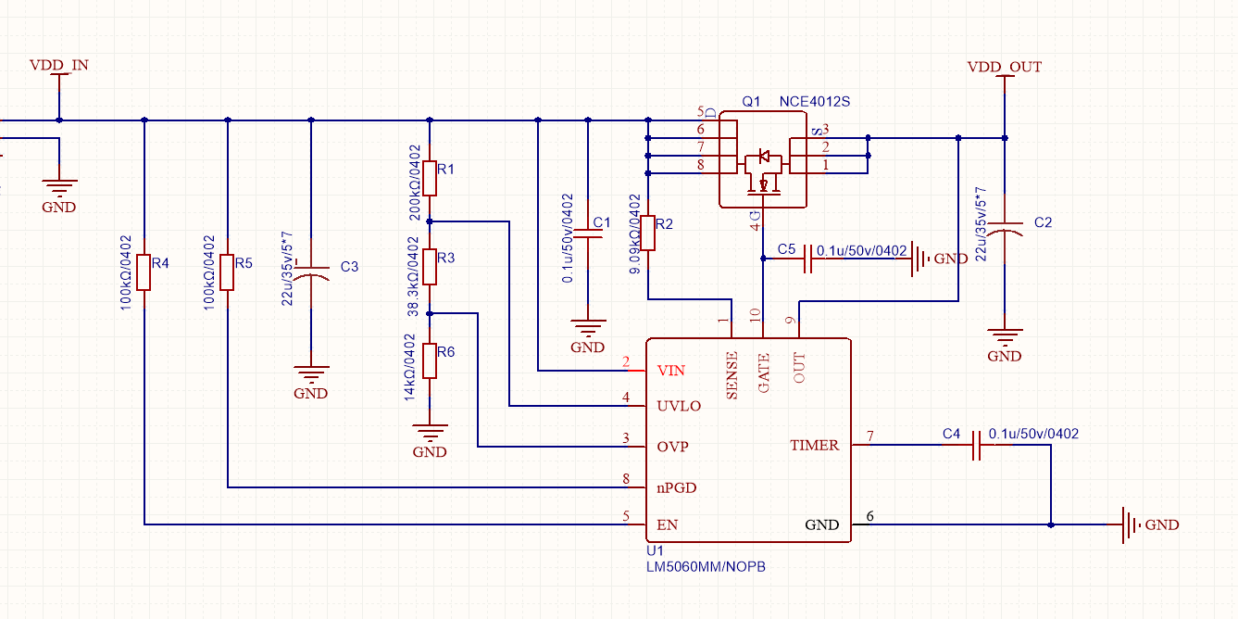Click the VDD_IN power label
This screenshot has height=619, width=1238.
click(x=59, y=66)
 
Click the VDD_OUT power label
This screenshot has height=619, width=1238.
click(x=1004, y=68)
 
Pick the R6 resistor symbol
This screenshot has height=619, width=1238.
click(x=430, y=360)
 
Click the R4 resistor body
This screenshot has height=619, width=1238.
click(x=144, y=272)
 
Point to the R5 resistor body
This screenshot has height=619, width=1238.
click(x=228, y=272)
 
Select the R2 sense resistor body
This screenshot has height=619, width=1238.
click(x=650, y=233)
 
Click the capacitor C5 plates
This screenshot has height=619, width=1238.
click(x=808, y=259)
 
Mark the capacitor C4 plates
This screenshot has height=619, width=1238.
click(x=975, y=450)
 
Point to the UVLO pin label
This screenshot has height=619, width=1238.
click(x=679, y=406)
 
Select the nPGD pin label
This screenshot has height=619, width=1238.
click(x=677, y=487)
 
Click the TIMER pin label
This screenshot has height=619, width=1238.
click(x=814, y=446)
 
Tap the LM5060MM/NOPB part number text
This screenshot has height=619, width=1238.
click(x=706, y=566)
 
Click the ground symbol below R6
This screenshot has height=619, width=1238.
click(x=430, y=434)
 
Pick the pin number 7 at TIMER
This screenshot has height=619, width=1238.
click(x=869, y=436)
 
